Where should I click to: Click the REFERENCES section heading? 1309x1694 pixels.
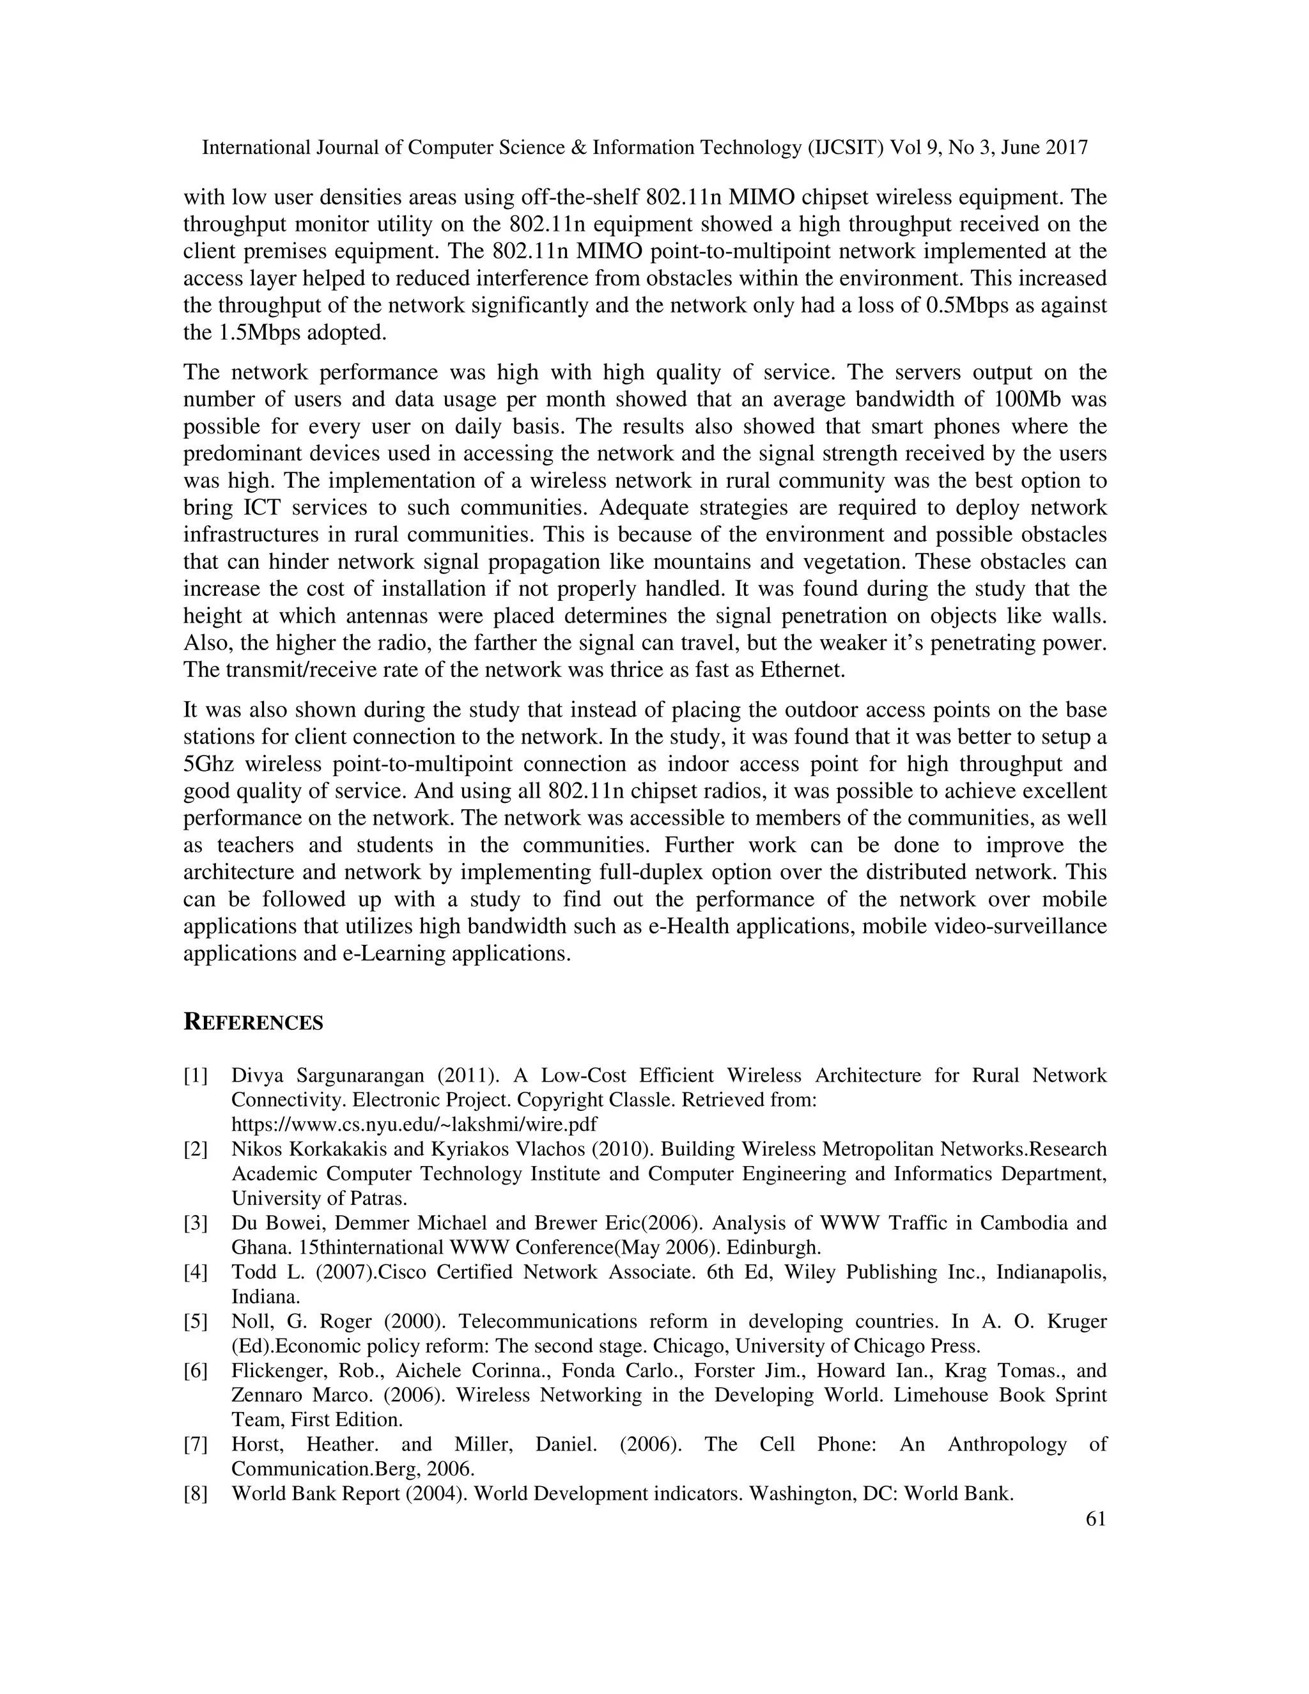coord(253,1022)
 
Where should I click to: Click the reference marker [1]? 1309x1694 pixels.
coord(196,1076)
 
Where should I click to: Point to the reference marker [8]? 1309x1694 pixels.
coord(196,1493)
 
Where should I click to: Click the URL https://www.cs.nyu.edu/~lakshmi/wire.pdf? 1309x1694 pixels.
coord(415,1124)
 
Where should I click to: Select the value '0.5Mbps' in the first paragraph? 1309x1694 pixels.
coord(968,306)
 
